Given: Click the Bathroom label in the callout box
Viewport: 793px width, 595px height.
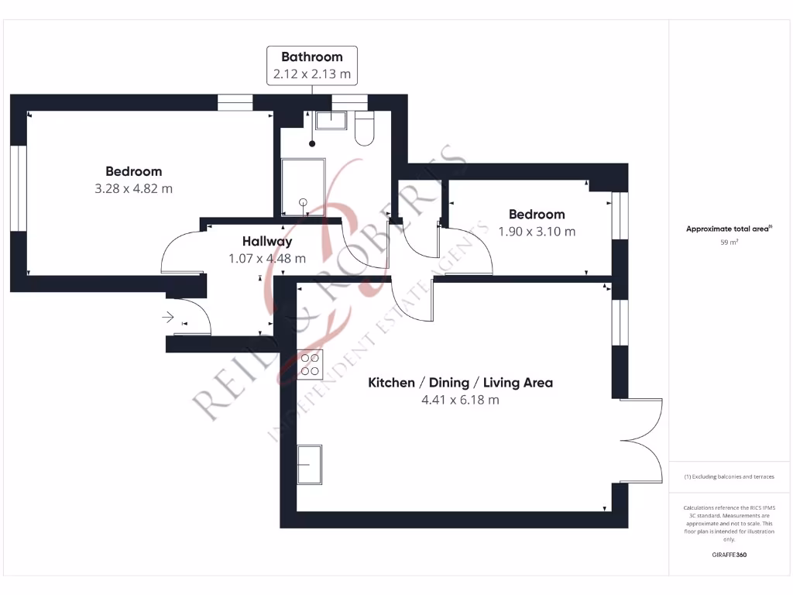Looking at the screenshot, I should (x=311, y=57).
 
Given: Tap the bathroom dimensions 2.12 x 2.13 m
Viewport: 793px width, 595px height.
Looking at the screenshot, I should (x=311, y=75).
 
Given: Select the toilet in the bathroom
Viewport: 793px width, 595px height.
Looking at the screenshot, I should (x=364, y=129).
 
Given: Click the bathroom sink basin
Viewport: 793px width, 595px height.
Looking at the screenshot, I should (x=334, y=119).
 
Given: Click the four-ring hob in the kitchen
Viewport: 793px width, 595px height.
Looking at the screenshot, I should (x=310, y=364).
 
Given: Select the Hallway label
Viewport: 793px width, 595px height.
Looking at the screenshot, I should (x=266, y=241).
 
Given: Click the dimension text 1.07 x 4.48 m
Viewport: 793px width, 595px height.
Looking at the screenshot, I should (x=266, y=259).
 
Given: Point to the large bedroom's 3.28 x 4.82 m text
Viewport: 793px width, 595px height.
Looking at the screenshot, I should (x=133, y=188).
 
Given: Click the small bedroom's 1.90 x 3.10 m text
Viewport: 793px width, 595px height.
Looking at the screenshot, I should (x=537, y=232).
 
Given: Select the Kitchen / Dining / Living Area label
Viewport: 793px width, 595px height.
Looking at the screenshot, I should (x=460, y=383).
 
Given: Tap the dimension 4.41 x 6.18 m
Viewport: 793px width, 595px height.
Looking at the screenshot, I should (x=460, y=401).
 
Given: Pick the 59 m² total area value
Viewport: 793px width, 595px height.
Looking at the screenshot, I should (x=729, y=242).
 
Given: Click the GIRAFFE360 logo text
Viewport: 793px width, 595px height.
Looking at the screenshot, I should (x=729, y=555).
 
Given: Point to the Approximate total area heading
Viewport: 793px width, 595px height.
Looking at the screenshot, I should (x=729, y=229).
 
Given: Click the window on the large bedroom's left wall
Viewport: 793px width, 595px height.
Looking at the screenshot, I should (x=18, y=188).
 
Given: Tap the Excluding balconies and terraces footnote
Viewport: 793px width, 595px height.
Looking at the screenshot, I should (x=729, y=476).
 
